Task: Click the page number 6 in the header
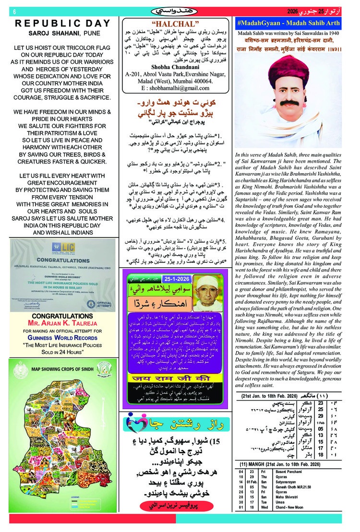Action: click(x=15, y=11)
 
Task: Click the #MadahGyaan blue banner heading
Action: click(x=288, y=23)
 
